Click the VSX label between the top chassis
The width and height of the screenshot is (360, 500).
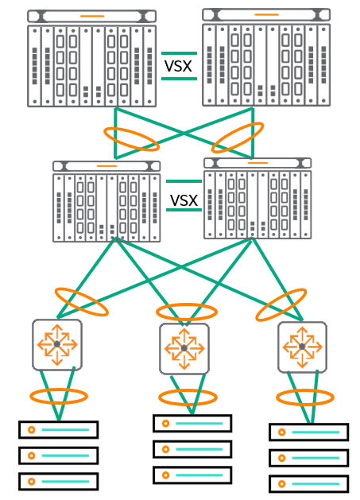pyautogui.click(x=178, y=66)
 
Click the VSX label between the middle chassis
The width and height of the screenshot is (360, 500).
pyautogui.click(x=184, y=200)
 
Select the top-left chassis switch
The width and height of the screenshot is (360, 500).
pyautogui.click(x=92, y=58)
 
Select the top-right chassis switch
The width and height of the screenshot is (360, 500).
pyautogui.click(x=266, y=57)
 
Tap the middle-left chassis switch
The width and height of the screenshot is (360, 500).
pyautogui.click(x=106, y=202)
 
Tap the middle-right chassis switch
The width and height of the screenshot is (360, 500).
pyautogui.click(x=257, y=199)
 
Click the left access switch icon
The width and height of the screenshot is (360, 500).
pyautogui.click(x=57, y=345)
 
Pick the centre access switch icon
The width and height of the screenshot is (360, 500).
pyautogui.click(x=184, y=348)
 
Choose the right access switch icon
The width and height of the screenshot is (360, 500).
pyautogui.click(x=302, y=347)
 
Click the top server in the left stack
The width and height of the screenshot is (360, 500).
pyautogui.click(x=58, y=429)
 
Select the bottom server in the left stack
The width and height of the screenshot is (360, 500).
pyautogui.click(x=58, y=481)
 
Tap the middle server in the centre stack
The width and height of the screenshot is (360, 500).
pyautogui.click(x=192, y=449)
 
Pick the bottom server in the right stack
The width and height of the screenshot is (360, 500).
pyautogui.click(x=308, y=484)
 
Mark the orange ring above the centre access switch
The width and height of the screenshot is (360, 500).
pyautogui.click(x=187, y=304)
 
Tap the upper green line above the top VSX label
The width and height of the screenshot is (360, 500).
pyautogui.click(x=179, y=53)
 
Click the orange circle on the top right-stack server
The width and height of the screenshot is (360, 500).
pyautogui.click(x=281, y=432)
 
